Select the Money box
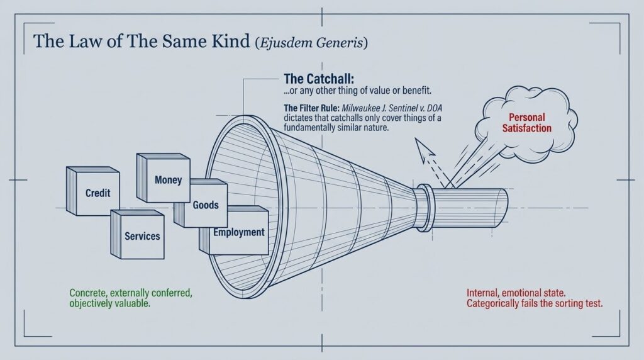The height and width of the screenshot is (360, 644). (167, 179)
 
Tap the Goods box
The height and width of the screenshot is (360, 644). (206, 205)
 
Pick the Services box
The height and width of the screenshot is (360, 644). (142, 236)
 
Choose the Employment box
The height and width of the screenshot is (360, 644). (238, 232)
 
